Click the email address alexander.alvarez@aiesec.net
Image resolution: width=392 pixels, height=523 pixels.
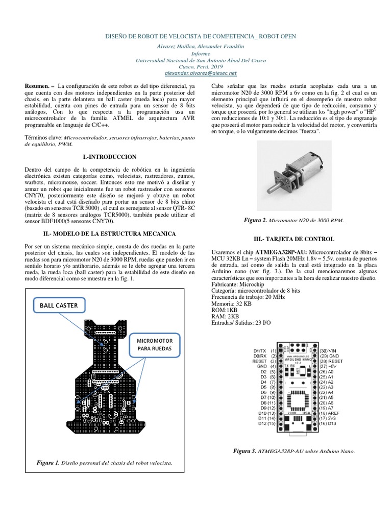tap(197, 74)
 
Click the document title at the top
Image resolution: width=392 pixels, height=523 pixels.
tap(196, 37)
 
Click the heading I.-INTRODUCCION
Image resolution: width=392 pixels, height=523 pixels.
tap(109, 156)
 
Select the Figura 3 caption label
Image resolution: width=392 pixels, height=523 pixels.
tap(245, 451)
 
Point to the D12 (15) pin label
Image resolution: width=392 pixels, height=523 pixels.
tap(266, 423)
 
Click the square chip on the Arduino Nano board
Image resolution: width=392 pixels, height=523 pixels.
tap(298, 396)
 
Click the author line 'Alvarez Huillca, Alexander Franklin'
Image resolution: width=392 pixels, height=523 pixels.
tap(196, 46)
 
